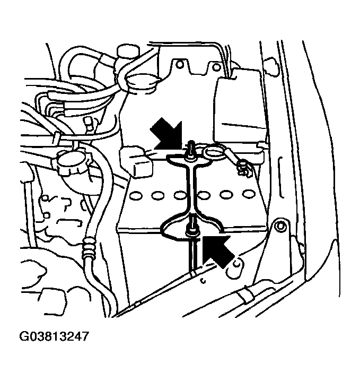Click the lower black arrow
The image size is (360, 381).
pyautogui.click(x=217, y=250)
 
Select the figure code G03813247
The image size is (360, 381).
pyautogui.click(x=54, y=337)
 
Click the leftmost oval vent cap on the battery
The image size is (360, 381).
pyautogui.click(x=135, y=195)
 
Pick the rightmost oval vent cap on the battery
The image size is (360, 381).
pyautogui.click(x=248, y=194)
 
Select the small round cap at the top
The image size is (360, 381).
pyautogui.click(x=128, y=52)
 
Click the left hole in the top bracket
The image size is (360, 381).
pyautogui.click(x=180, y=64)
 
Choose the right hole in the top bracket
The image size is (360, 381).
pyautogui.click(x=216, y=67)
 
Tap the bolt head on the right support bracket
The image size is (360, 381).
pyautogui.click(x=280, y=227)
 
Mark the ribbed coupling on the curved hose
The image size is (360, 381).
pyautogui.click(x=88, y=249)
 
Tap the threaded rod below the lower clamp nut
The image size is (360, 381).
pyautogui.click(x=192, y=256)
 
